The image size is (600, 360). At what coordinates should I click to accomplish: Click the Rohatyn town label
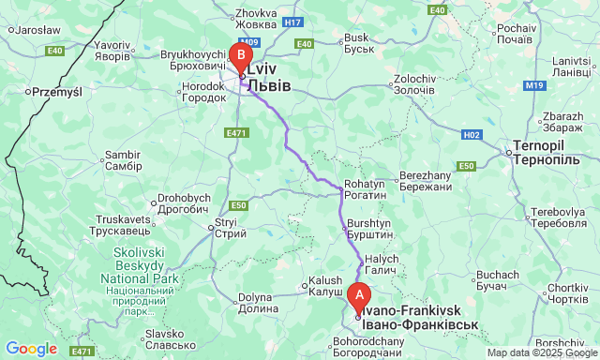pyautogui.click(x=365, y=189)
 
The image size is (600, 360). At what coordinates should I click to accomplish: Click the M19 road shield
pyautogui.click(x=534, y=85)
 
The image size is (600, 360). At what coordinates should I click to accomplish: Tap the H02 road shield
pyautogui.click(x=472, y=135)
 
